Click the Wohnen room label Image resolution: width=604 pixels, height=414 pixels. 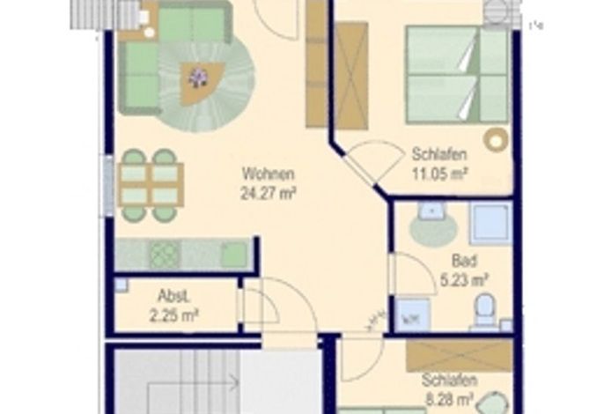[269, 174]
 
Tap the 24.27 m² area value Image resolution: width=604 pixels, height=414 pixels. [269, 193]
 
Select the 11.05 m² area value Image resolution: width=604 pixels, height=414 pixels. [440, 174]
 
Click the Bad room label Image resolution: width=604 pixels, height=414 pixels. [464, 261]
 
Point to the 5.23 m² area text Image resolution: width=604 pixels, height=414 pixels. [465, 280]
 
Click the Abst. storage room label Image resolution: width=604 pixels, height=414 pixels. [174, 297]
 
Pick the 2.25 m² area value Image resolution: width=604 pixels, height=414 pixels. [173, 315]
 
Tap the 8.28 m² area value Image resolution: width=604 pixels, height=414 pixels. [449, 400]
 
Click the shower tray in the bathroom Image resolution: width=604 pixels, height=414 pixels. [490, 224]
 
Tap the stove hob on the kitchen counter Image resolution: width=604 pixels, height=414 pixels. [165, 254]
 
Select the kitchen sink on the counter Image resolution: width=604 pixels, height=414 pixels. [234, 255]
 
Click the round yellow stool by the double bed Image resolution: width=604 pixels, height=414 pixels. [497, 139]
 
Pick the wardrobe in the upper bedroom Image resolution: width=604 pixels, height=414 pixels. [351, 76]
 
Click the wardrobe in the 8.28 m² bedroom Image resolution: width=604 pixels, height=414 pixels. [460, 355]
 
